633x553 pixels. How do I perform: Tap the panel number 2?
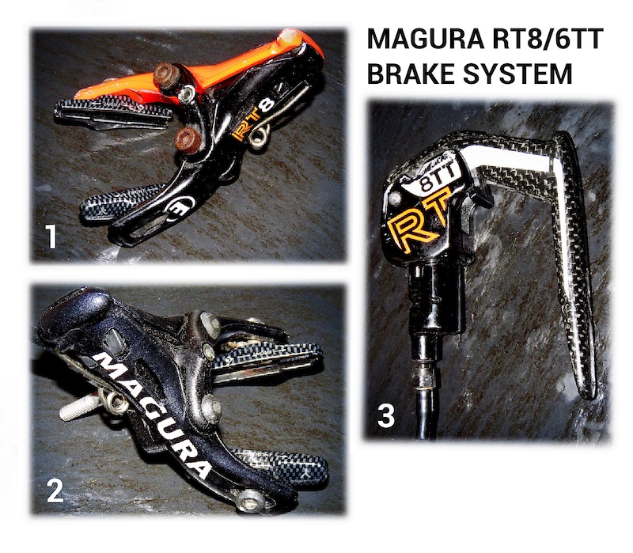click(55, 491)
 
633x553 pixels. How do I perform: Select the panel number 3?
click(386, 415)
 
